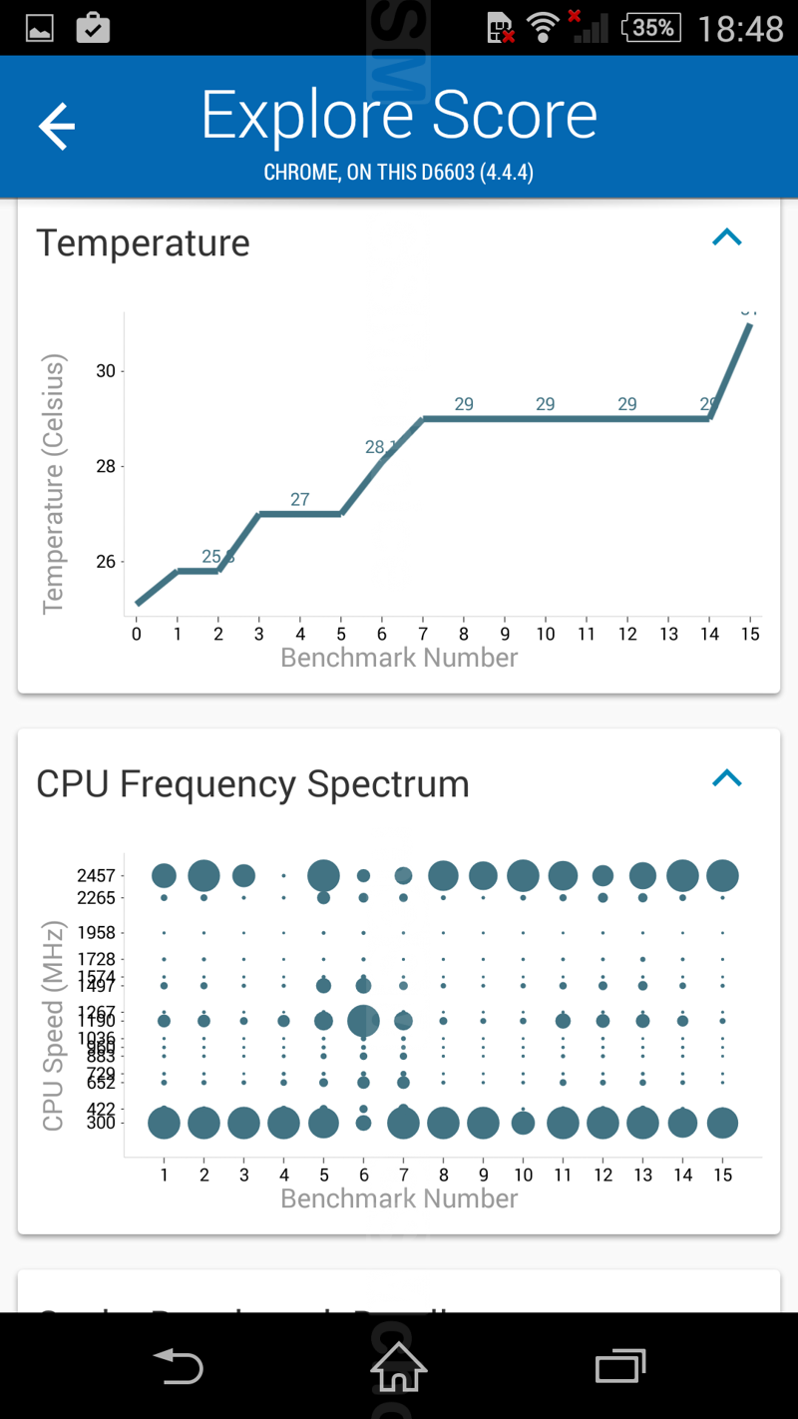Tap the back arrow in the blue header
click(57, 127)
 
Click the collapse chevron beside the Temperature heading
click(727, 237)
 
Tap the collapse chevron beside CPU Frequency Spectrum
click(727, 778)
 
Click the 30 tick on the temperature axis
click(105, 371)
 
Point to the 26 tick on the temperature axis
click(105, 562)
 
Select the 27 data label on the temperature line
click(300, 499)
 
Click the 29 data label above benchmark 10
click(545, 404)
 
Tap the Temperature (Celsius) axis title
click(53, 484)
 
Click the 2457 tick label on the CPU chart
click(96, 875)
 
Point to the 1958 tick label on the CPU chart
click(96, 933)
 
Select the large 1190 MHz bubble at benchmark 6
click(363, 1021)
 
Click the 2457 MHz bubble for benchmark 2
click(203, 875)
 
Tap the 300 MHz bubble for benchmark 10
click(523, 1123)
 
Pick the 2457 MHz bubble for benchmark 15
click(722, 875)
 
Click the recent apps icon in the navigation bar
click(619, 1366)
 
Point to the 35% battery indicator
click(651, 28)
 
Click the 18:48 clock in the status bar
click(740, 29)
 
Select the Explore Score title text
click(399, 116)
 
